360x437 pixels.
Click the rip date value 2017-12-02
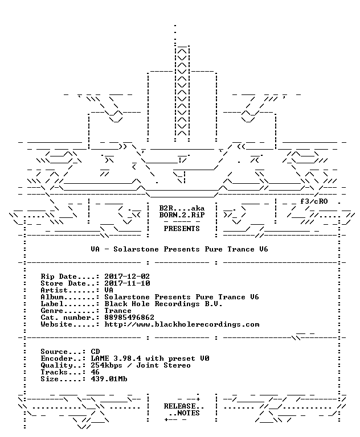point(127,277)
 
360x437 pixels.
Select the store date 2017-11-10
point(127,283)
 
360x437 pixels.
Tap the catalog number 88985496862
point(129,318)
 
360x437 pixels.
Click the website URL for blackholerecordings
point(182,324)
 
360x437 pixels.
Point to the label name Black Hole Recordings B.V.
point(163,304)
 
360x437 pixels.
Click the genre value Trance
point(118,311)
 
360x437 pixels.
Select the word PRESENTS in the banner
point(182,229)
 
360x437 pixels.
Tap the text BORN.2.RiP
point(182,215)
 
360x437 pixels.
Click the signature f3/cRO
point(314,201)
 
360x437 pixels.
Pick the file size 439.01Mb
point(109,379)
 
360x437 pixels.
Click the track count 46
point(95,372)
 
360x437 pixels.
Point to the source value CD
point(95,352)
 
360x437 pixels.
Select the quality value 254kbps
point(107,365)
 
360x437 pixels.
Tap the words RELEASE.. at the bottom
point(184,406)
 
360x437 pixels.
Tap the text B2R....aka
point(182,208)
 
